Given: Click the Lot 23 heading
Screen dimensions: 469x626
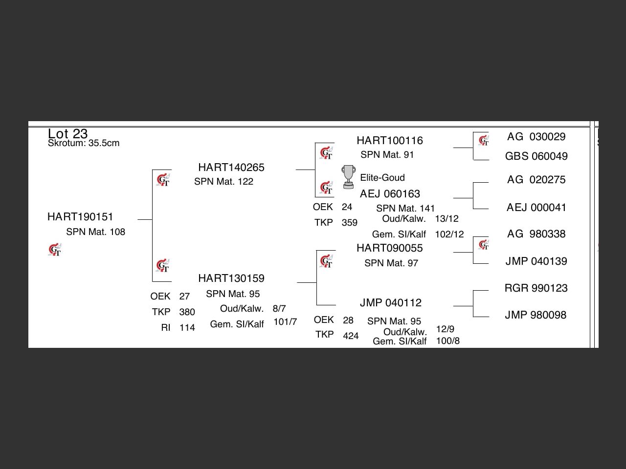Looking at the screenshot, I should click(x=67, y=133).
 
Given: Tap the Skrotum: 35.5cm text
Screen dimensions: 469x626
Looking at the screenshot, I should click(x=84, y=143).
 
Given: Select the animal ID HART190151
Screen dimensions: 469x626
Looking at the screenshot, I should click(x=80, y=216).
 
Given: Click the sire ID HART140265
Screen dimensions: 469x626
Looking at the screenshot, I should click(x=231, y=167).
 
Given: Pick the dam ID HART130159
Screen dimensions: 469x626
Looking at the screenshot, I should click(x=231, y=278).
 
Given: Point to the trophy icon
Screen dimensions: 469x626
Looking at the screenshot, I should click(x=348, y=177).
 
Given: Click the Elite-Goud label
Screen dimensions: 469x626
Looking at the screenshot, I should click(x=382, y=177).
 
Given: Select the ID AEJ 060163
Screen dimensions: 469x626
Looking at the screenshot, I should click(x=390, y=193).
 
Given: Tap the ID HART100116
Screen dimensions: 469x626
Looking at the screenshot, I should click(x=390, y=140).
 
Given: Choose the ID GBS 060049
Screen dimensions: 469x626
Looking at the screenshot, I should click(x=537, y=156).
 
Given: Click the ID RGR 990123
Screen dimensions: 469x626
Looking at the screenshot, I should click(x=536, y=288).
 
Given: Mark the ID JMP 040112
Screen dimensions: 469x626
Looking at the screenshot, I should click(x=391, y=302).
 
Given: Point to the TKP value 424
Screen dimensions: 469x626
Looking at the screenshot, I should click(x=351, y=336).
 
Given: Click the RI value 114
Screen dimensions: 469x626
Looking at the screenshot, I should click(x=187, y=327).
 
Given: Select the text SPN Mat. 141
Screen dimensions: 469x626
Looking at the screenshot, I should click(x=405, y=208).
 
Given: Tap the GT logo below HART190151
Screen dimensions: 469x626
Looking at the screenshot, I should click(x=55, y=250).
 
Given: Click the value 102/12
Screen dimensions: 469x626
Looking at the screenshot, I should click(x=449, y=234).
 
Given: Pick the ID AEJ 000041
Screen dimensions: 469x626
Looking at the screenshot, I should click(x=537, y=207).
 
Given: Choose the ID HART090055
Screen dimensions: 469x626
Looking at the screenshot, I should click(x=390, y=248).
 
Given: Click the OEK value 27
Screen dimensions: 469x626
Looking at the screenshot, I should click(x=184, y=296).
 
